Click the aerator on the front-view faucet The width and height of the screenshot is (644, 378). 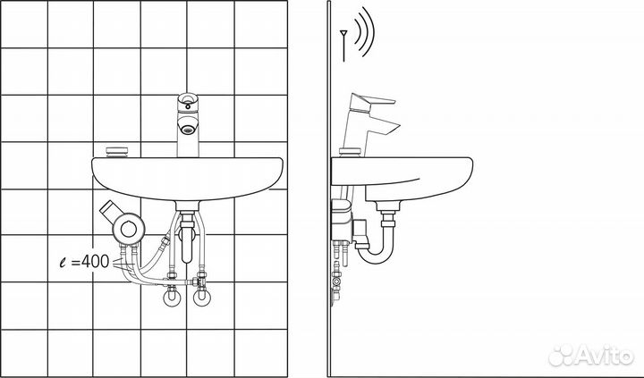point(187,130)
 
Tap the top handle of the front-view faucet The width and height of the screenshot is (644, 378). point(188,101)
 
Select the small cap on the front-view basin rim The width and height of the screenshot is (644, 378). point(116,152)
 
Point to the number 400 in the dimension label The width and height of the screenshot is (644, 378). point(96,262)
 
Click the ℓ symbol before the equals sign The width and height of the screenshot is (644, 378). point(63,262)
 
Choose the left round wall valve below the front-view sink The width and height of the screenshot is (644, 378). point(172,298)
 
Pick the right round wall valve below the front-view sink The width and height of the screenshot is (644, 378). point(201,298)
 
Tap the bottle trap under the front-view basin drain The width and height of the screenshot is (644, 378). point(187,238)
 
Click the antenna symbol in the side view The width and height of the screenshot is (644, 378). point(343,46)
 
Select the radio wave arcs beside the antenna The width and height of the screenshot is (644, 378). point(364,31)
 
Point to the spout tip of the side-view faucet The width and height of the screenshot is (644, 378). point(394,128)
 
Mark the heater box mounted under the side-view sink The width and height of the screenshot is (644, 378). point(342,222)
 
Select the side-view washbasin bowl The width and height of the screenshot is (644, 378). point(402,179)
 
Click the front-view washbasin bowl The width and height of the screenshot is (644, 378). point(187,179)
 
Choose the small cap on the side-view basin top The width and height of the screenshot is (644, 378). point(350,152)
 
